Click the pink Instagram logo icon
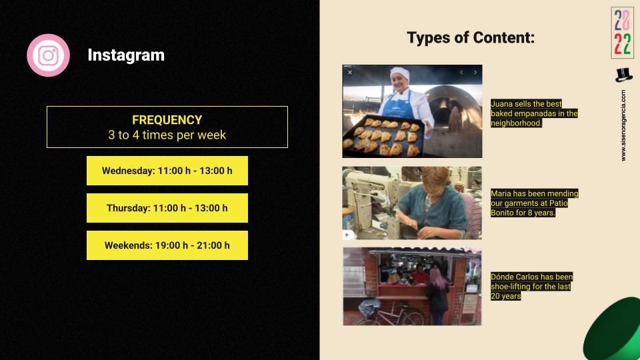coord(48,55)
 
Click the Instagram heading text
coord(126,55)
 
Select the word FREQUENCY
coord(167,120)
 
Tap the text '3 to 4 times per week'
coord(167,135)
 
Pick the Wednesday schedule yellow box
coord(167,171)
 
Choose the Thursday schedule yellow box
coord(167,208)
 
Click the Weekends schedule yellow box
coord(167,245)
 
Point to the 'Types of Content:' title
coord(471,37)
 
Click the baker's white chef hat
coord(399,73)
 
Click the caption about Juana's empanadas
coord(534,113)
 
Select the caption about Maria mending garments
coord(534,203)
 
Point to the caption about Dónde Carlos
coord(531,287)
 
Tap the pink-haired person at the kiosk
coord(437,294)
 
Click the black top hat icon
coord(623,75)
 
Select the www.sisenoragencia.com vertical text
coord(623,125)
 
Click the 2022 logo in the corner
coord(623,33)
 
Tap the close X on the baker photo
coord(350,72)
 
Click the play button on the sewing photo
coord(347,235)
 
